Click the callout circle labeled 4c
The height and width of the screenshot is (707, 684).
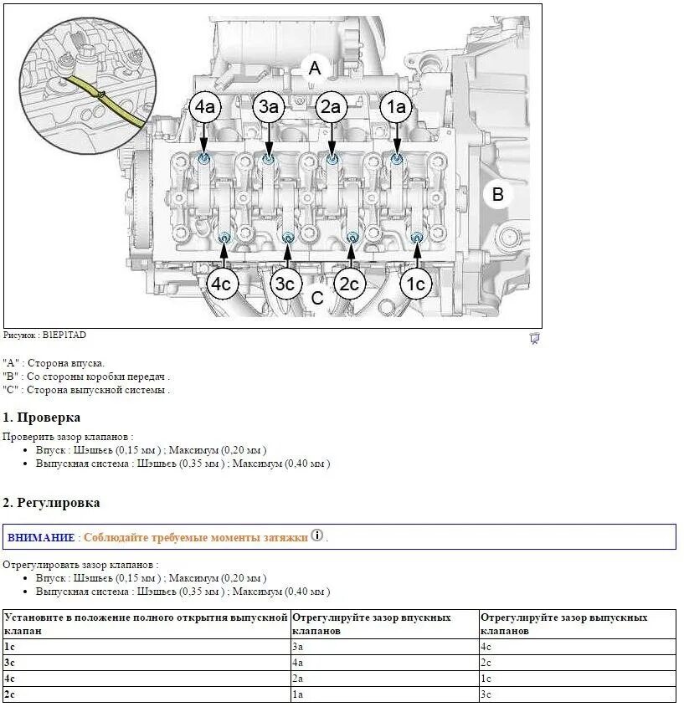[222, 284]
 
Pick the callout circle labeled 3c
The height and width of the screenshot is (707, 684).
[286, 284]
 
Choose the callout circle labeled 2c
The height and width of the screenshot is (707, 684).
[350, 284]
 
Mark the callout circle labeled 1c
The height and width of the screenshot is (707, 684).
[415, 284]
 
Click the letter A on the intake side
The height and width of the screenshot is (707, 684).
[315, 68]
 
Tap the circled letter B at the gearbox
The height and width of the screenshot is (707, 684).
[498, 194]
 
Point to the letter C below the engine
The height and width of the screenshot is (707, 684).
[317, 298]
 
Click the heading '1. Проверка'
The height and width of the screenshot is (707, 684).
[42, 418]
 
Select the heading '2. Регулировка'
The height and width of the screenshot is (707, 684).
[51, 503]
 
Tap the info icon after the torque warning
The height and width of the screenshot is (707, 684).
[316, 535]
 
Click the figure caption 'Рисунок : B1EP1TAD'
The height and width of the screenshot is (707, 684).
[44, 335]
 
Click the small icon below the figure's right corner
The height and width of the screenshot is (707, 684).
[534, 338]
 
